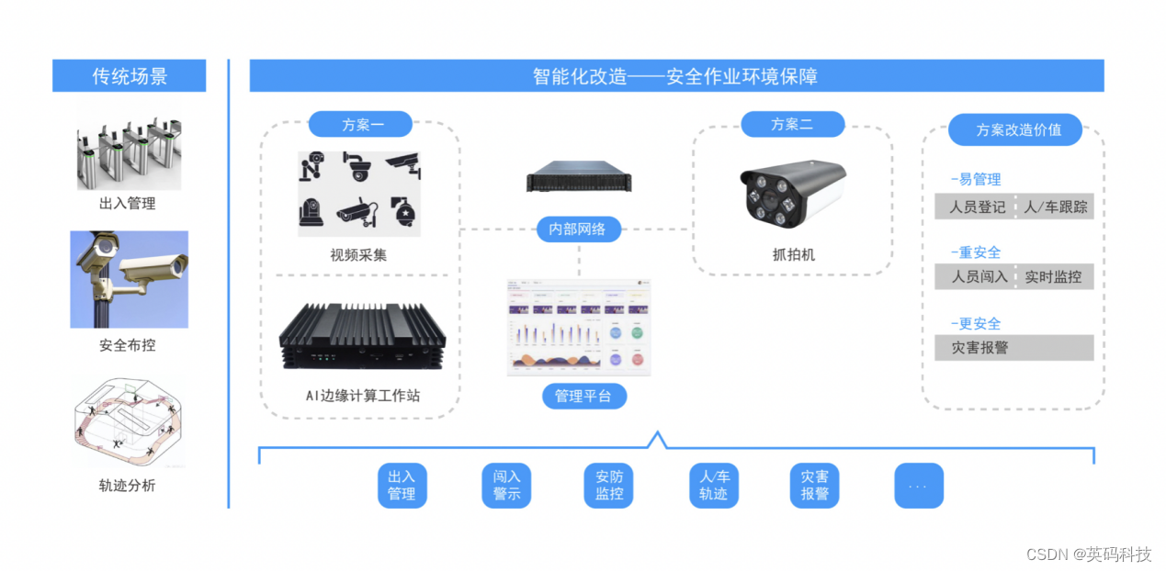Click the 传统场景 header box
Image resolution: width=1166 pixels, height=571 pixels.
pyautogui.click(x=129, y=76)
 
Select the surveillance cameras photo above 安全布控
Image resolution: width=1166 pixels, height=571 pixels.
pyautogui.click(x=129, y=279)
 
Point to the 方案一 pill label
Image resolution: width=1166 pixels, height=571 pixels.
pyautogui.click(x=361, y=124)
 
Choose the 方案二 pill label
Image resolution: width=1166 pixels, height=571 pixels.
pyautogui.click(x=791, y=124)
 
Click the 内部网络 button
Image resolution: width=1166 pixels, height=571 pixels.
pyautogui.click(x=578, y=230)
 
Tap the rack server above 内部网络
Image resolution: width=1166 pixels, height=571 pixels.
pyautogui.click(x=578, y=177)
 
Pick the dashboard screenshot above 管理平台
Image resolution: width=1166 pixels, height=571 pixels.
pyautogui.click(x=579, y=327)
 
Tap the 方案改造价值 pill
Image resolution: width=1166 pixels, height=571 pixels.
pyautogui.click(x=1015, y=129)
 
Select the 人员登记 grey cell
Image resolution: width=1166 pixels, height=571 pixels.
pyautogui.click(x=975, y=207)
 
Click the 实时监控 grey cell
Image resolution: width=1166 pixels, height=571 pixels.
pyautogui.click(x=1054, y=276)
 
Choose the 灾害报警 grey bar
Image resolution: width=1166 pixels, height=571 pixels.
pyautogui.click(x=1013, y=348)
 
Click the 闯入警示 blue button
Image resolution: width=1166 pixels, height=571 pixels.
pyautogui.click(x=506, y=486)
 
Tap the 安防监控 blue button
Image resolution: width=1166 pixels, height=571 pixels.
pyautogui.click(x=609, y=486)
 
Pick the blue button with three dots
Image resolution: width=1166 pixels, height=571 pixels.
pyautogui.click(x=918, y=486)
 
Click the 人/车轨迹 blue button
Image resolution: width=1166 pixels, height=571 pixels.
pyautogui.click(x=713, y=486)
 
